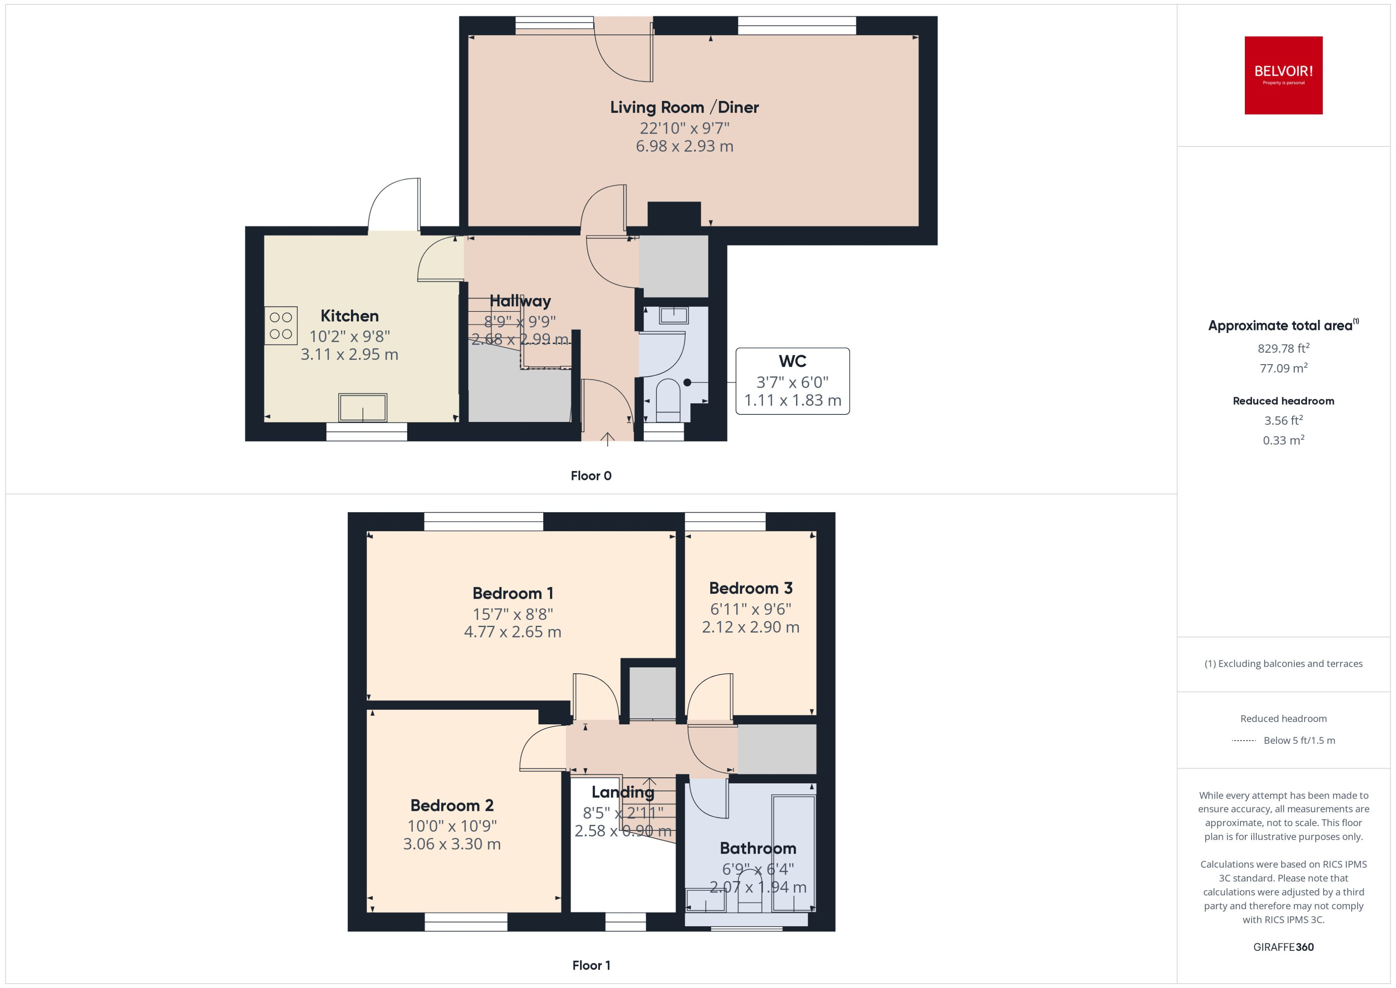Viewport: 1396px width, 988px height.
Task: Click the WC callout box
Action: [x=792, y=381]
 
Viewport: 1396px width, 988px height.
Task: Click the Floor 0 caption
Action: [x=591, y=476]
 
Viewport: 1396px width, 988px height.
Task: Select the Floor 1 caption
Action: [x=591, y=965]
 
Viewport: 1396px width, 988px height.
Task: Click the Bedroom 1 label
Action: [x=513, y=593]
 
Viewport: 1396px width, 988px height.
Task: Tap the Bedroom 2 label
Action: [x=452, y=805]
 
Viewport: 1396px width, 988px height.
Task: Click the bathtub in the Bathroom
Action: [x=793, y=852]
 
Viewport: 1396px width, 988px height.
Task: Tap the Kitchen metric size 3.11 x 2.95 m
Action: [x=349, y=354]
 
